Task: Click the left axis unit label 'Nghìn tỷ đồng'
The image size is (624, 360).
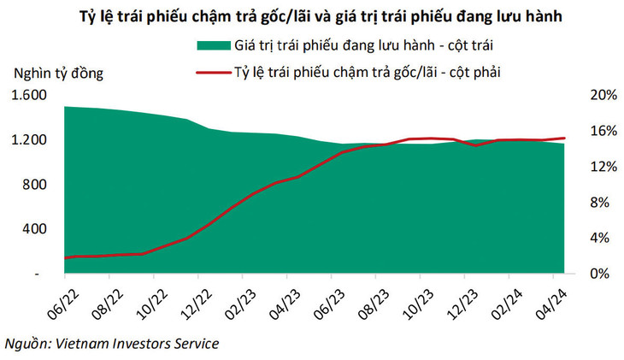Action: [x=57, y=73]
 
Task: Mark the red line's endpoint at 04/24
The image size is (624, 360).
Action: [x=564, y=138]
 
